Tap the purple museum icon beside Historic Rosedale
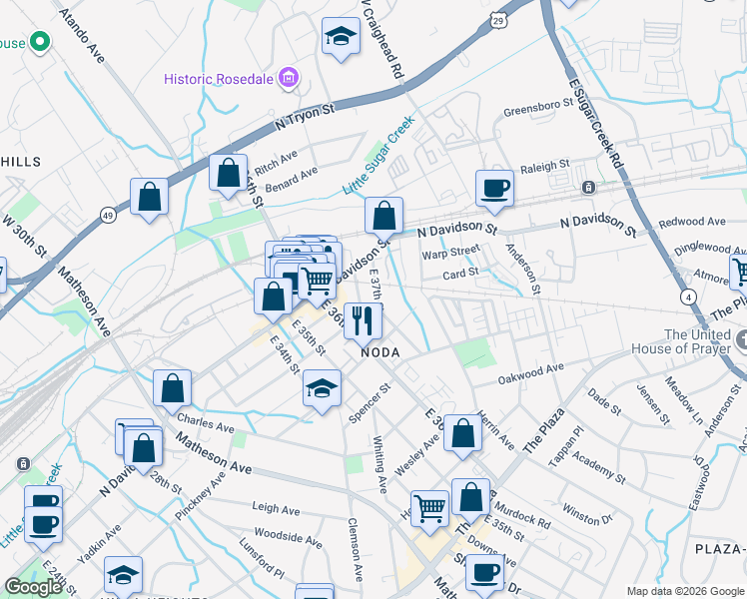click(289, 77)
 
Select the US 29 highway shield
click(498, 20)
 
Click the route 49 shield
click(108, 215)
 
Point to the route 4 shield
click(688, 297)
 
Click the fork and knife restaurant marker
click(364, 319)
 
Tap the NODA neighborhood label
click(379, 352)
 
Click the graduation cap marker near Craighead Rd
click(341, 38)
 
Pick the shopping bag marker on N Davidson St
click(383, 215)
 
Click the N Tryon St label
click(304, 114)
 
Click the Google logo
click(33, 587)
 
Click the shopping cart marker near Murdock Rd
click(429, 507)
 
